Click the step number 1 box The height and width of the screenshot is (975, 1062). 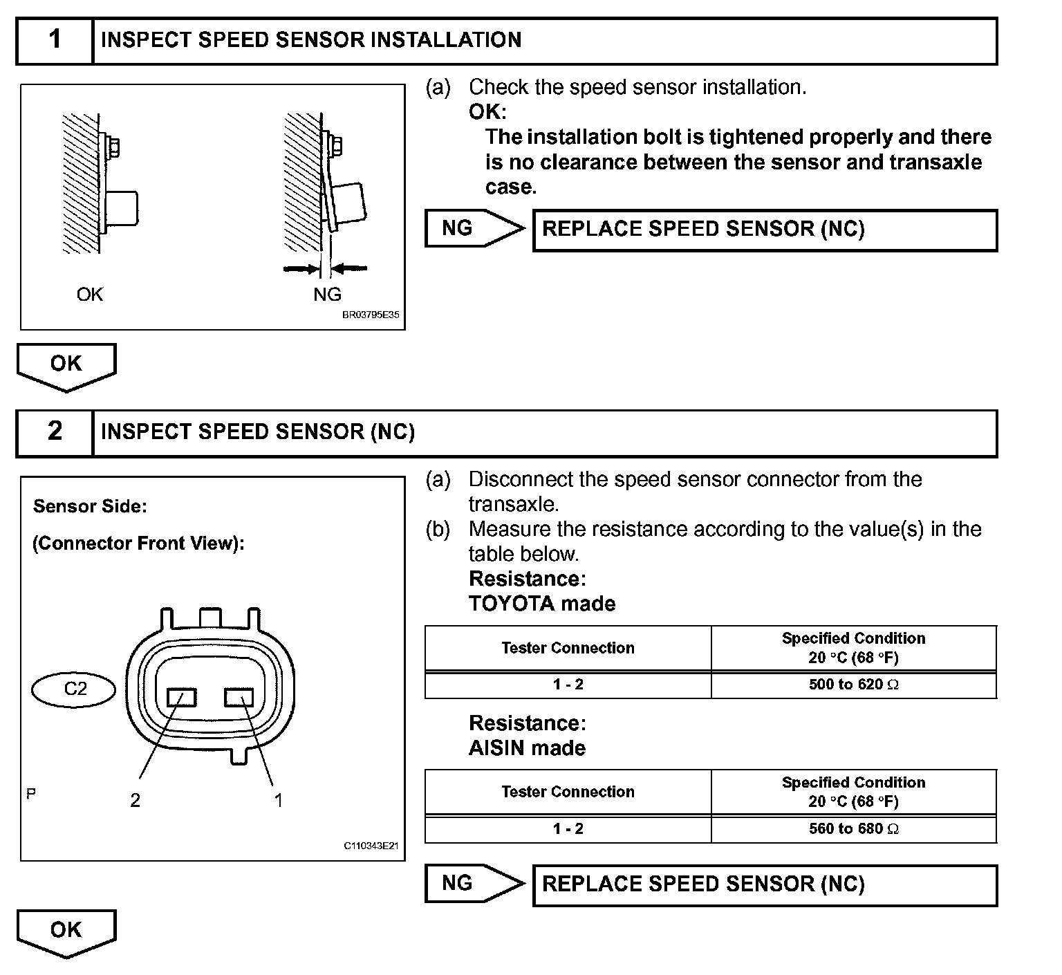click(x=55, y=40)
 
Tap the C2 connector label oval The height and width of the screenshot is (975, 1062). click(x=75, y=689)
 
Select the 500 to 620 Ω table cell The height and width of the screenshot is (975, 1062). click(x=853, y=685)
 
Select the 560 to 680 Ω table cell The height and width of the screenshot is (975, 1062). click(x=853, y=828)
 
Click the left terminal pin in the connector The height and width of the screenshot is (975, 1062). click(x=182, y=697)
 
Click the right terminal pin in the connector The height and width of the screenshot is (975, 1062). click(x=239, y=697)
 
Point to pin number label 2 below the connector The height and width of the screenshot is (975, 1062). click(x=136, y=800)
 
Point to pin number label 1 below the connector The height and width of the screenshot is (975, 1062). click(x=278, y=800)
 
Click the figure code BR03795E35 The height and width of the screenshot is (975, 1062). click(x=371, y=315)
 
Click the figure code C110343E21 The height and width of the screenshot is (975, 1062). click(x=371, y=846)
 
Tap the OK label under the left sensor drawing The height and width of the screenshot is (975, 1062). click(x=90, y=295)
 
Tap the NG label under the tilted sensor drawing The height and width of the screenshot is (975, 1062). click(x=327, y=295)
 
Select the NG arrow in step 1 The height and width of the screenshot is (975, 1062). click(x=474, y=228)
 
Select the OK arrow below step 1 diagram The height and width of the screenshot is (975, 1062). click(x=66, y=366)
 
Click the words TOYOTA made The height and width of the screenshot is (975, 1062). click(x=542, y=604)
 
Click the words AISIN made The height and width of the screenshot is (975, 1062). click(x=527, y=748)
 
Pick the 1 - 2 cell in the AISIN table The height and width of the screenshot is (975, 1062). click(x=568, y=828)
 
